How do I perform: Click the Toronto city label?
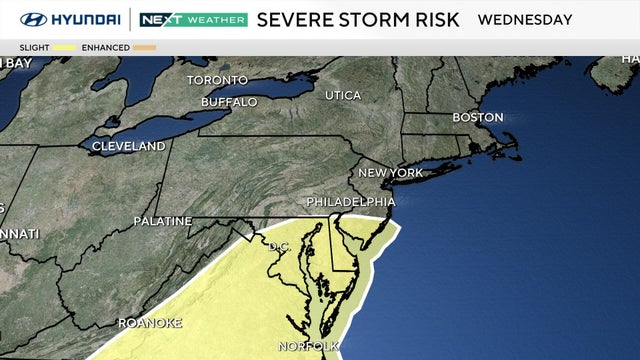point(217,80)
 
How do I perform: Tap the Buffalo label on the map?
point(229,102)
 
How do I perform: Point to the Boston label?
point(477,117)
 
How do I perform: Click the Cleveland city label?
point(129,146)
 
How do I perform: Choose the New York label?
point(391,173)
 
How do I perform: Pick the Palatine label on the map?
point(163,220)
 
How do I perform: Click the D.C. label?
point(278,246)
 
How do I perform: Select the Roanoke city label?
point(150,323)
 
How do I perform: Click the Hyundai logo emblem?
point(32,19)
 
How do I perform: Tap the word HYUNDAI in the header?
point(84,19)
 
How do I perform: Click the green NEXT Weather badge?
point(193,19)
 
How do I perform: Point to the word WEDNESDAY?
point(525,19)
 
